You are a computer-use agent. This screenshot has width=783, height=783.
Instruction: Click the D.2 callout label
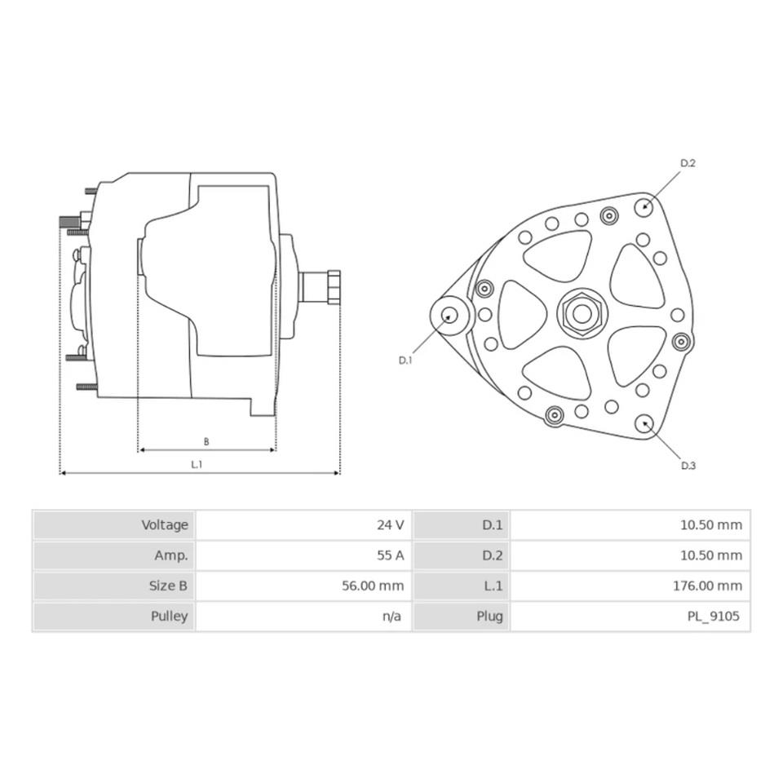coord(688,163)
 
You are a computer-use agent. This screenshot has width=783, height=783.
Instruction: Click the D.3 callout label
coord(688,466)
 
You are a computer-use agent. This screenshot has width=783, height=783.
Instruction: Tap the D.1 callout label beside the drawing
coord(405,360)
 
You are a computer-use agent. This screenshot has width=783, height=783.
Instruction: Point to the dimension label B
coord(206,441)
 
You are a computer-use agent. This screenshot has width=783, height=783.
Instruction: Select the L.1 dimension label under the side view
coord(197,464)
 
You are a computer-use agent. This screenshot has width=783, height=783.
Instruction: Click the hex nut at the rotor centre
coord(582,314)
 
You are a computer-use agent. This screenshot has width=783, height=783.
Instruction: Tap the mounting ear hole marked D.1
coord(450,315)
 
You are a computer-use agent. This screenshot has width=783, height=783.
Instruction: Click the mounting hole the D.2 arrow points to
coord(644,206)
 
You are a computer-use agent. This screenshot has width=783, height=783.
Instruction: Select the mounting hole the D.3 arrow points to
coord(644,424)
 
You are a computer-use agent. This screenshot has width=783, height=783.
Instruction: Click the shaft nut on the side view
coord(334,287)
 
